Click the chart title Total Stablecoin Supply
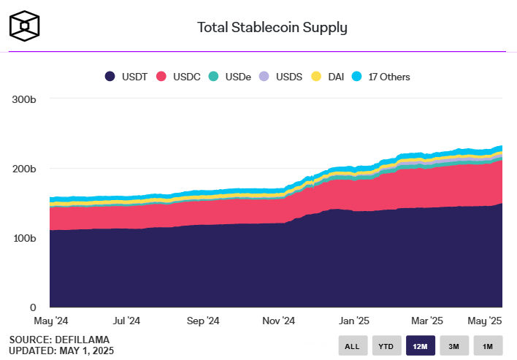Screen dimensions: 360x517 [272, 28]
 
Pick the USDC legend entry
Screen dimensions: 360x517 [180, 77]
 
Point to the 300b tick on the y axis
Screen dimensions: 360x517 [23, 99]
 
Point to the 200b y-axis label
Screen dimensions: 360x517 [23, 169]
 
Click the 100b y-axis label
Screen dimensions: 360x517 [23, 238]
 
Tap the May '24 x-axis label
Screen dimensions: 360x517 [50, 321]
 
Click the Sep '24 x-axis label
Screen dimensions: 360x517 [202, 321]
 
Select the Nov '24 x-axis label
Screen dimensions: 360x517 [278, 321]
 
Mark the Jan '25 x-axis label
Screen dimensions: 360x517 [355, 321]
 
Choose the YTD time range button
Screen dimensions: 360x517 [387, 345]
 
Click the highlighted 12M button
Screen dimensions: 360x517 [421, 345]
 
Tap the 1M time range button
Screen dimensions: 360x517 [488, 345]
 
